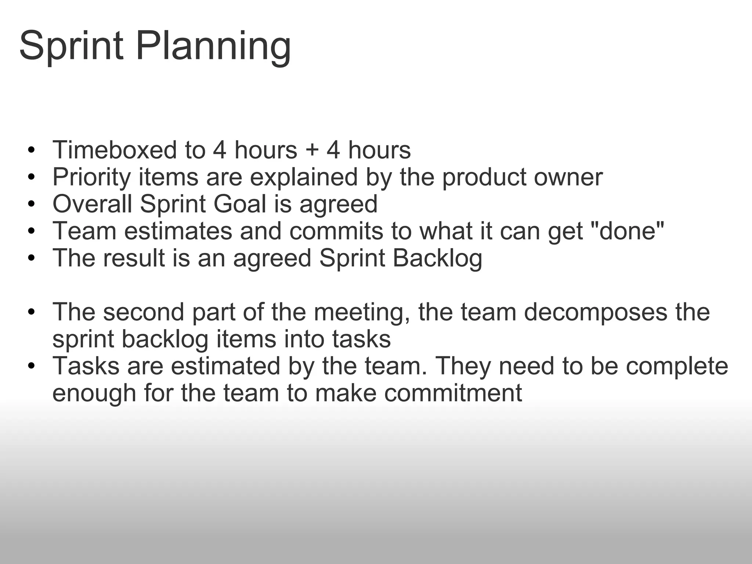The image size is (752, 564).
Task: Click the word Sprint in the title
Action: pos(71,46)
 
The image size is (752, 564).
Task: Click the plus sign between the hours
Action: pos(311,151)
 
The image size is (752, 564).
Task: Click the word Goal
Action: pos(240,204)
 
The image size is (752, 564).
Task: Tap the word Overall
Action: pos(92,204)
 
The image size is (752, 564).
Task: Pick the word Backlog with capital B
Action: pos(437,258)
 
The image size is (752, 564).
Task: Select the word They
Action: pos(463,366)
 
